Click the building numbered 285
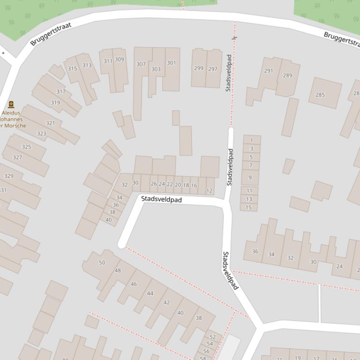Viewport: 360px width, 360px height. click(x=320, y=95)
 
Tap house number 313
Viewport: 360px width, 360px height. click(x=87, y=65)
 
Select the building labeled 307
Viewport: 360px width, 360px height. click(x=141, y=64)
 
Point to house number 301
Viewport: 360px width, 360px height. click(x=171, y=63)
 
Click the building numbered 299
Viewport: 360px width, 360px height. click(x=199, y=68)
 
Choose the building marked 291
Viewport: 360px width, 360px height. click(x=268, y=71)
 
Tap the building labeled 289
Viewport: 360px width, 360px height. click(x=287, y=75)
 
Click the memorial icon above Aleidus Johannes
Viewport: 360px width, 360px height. click(x=11, y=105)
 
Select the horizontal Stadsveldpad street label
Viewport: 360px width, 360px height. click(x=162, y=199)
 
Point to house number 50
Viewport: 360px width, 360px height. click(x=102, y=263)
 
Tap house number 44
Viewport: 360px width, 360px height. click(x=150, y=294)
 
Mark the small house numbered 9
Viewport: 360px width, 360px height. click(x=250, y=178)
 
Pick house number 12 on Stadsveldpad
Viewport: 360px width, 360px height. click(x=209, y=191)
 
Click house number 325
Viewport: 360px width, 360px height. click(x=27, y=147)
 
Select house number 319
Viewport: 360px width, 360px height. click(x=55, y=102)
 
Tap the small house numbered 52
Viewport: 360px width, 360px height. click(x=213, y=337)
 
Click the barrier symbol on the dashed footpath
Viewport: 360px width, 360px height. click(x=234, y=37)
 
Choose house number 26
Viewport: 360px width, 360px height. click(x=154, y=184)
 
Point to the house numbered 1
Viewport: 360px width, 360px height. click(x=252, y=140)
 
